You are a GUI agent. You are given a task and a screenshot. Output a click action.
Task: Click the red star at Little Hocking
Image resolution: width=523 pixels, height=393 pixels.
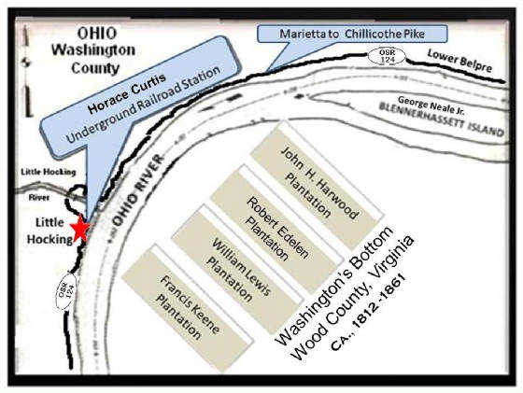coord(80,229)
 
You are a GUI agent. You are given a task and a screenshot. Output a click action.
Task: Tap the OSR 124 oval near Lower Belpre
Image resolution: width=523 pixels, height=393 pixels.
coord(387,56)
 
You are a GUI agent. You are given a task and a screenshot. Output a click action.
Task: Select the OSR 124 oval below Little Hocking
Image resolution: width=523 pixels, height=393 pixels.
coord(65,291)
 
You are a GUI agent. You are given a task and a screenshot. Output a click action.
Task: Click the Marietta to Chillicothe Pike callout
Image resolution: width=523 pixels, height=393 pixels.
coord(352,34)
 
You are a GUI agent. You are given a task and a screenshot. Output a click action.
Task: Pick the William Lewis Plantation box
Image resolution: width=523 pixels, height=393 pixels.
coord(237,270)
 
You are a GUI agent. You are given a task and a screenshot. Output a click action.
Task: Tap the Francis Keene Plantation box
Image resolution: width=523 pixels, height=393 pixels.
coord(187,309)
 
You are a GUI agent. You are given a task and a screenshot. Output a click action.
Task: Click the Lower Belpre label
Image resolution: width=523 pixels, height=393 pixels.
coord(459,61)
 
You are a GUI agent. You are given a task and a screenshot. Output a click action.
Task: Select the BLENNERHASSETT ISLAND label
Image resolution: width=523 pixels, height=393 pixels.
coord(442,119)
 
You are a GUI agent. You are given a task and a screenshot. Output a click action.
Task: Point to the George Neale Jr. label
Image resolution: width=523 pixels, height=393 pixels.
coord(431,105)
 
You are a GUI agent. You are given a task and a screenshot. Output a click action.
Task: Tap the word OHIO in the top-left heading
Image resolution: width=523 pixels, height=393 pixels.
coord(97,34)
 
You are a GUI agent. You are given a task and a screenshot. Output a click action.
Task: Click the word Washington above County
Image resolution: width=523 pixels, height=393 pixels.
coord(93,50)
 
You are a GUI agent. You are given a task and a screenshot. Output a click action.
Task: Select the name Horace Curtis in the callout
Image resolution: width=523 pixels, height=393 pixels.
coord(126,93)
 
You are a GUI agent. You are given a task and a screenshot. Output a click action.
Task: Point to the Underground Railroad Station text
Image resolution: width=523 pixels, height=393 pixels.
coord(143,105)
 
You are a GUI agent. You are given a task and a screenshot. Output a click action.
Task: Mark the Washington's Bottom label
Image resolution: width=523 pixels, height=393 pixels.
coord(334,286)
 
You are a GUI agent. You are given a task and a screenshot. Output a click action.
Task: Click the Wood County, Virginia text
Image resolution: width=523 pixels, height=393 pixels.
coord(353,298)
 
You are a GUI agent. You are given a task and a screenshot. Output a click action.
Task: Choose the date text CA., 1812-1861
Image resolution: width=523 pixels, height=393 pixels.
coord(368,313)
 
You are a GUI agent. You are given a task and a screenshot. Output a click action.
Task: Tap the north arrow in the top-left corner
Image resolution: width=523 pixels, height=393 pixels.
coord(27,72)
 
